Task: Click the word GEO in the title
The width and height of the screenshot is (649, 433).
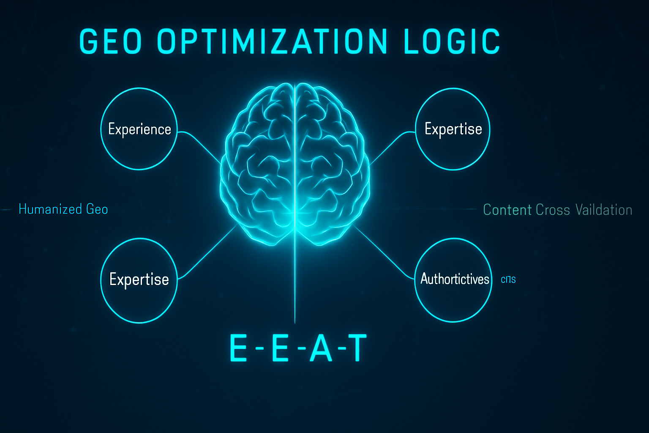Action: coord(110,41)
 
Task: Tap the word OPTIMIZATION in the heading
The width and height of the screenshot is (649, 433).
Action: coord(272,41)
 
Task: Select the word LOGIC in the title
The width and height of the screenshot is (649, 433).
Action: coord(452,41)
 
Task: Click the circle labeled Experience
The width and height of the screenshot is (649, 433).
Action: coord(139,129)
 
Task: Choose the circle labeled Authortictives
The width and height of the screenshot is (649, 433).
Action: coord(454,280)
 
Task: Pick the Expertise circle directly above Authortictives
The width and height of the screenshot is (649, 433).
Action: coord(453,129)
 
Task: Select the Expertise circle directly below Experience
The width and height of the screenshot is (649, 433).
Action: coord(139,280)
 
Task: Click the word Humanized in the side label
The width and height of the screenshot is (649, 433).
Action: coord(50,209)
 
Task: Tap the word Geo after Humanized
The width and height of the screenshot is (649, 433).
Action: coord(97,209)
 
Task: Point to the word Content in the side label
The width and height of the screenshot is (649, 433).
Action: coord(507,210)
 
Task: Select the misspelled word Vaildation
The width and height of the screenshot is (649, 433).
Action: coord(604,210)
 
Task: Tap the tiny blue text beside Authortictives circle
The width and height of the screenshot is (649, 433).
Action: coord(508,280)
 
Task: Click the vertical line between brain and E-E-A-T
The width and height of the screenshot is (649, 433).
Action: coord(295,288)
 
